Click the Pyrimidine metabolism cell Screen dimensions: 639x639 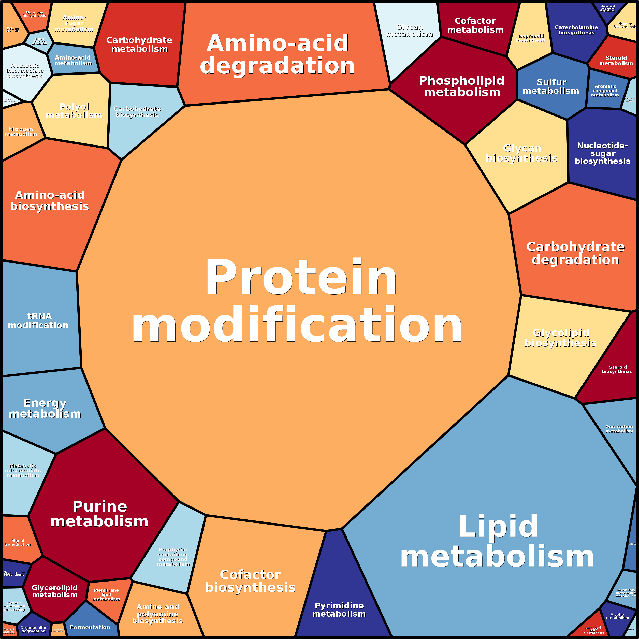[339, 609]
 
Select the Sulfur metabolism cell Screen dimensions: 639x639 [551, 87]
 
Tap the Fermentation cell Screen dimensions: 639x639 [90, 627]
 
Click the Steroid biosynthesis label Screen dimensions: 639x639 [617, 369]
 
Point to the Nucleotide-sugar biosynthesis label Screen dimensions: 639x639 [602, 153]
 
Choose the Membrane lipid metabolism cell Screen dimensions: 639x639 [106, 594]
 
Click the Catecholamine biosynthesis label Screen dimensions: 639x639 [576, 30]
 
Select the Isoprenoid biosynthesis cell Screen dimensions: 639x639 [530, 38]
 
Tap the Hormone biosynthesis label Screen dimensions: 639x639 [34, 14]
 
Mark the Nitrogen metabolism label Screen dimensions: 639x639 [21, 132]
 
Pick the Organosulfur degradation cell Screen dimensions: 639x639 [33, 629]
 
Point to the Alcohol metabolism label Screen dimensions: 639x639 [617, 616]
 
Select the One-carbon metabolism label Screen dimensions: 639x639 [619, 429]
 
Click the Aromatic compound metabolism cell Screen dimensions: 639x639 [605, 90]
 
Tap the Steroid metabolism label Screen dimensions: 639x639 [616, 61]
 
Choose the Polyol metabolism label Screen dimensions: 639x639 [74, 111]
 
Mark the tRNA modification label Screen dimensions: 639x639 [38, 321]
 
